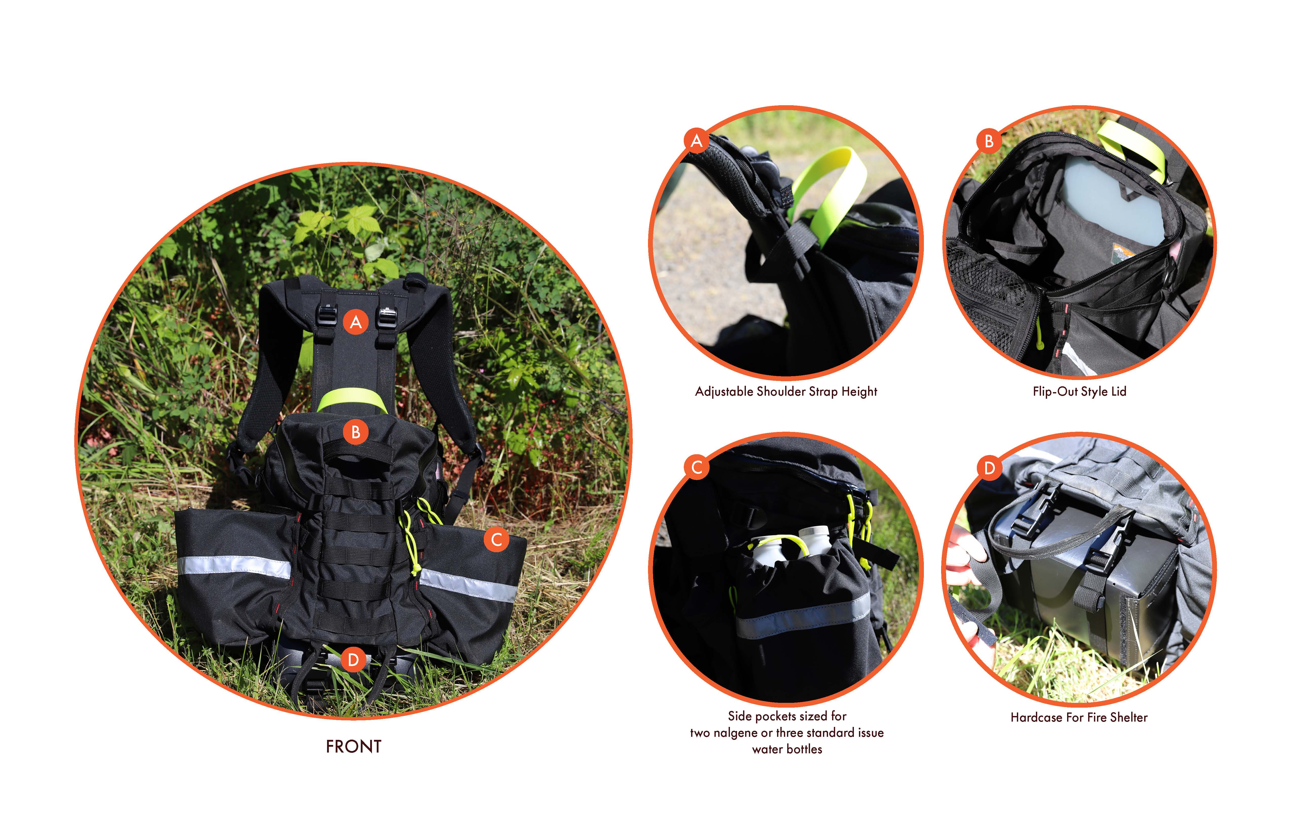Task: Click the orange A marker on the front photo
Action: [356, 322]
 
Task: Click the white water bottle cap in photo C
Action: [813, 532]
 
